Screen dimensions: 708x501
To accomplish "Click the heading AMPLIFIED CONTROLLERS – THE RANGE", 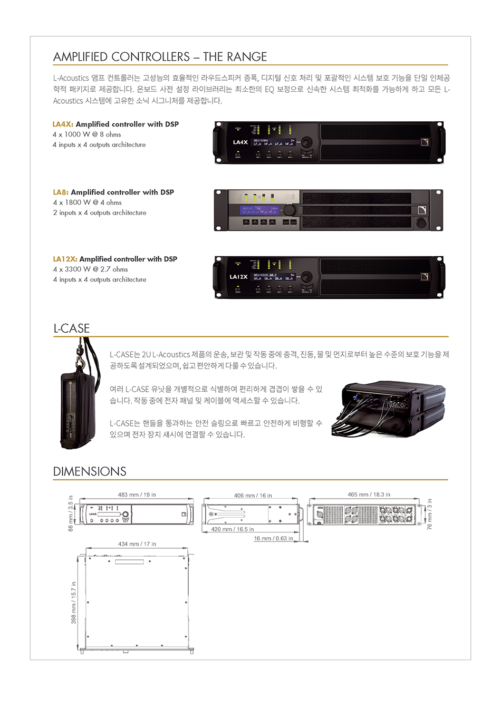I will click(160, 56).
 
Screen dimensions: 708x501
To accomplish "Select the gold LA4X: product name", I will click(63, 124).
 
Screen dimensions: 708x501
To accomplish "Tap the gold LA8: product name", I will click(61, 192).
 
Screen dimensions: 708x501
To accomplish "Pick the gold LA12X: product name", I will click(65, 259).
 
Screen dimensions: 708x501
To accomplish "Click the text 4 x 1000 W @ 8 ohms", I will click(86, 134).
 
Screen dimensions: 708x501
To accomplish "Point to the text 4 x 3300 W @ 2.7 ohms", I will click(90, 269).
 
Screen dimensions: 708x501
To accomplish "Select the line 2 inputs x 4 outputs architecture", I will click(100, 212).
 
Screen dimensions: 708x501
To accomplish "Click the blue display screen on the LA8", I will click(260, 210).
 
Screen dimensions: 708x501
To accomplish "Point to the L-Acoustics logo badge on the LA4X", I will click(425, 142).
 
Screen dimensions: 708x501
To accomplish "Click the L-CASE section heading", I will click(72, 328).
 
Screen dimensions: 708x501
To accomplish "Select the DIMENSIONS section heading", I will click(90, 471).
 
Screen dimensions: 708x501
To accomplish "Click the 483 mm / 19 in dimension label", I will click(137, 494).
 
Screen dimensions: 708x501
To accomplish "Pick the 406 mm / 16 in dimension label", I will click(253, 496).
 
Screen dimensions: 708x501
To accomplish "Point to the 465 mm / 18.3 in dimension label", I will click(369, 494).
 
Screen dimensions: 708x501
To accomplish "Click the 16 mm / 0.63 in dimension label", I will click(273, 538).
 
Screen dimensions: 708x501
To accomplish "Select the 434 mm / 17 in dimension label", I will click(137, 544).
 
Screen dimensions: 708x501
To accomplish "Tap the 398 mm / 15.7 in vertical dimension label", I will click(74, 603).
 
